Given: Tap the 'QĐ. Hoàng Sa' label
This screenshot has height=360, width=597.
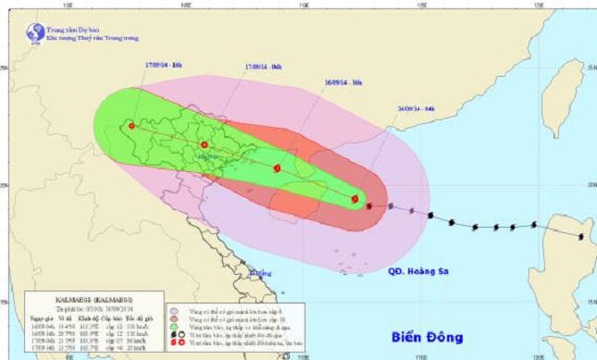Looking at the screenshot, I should point(417,270).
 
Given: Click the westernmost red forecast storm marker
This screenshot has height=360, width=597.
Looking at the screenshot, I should point(131,126).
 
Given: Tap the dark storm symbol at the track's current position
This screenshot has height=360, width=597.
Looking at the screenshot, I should point(369,205).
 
